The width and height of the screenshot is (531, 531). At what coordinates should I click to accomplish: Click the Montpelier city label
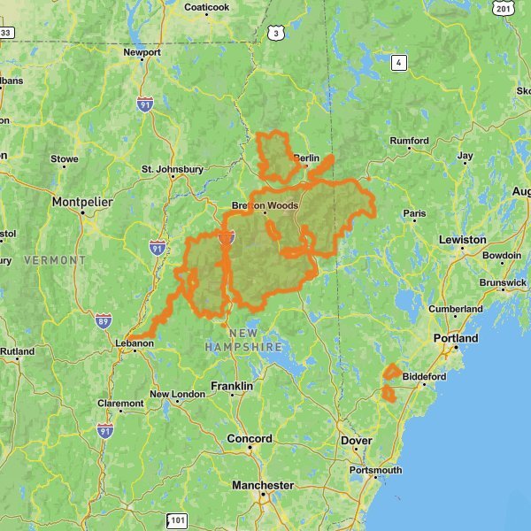point(82,202)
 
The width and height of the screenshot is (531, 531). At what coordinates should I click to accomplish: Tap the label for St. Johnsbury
point(173,169)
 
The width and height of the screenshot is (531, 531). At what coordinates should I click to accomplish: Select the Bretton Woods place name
point(265,205)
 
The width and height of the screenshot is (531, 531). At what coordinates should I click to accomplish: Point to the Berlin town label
point(307,158)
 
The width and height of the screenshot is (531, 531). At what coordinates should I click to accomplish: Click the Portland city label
point(455,338)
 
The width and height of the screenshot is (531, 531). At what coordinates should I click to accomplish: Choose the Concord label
point(250,438)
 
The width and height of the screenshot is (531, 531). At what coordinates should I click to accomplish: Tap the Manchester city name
point(262,485)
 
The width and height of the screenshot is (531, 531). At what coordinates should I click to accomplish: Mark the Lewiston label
point(462,239)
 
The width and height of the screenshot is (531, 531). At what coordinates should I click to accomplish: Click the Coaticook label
point(206,7)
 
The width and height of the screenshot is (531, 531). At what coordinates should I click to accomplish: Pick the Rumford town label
point(409,141)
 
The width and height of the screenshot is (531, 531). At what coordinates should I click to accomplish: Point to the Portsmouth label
point(375,470)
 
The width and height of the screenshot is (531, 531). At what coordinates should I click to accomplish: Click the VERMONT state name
point(55,260)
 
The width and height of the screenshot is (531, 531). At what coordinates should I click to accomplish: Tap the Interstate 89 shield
point(104,320)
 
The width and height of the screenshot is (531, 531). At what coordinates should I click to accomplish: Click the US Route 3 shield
point(277,34)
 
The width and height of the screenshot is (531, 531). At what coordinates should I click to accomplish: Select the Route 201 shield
point(504,8)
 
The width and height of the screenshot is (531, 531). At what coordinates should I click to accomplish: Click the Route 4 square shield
point(400,62)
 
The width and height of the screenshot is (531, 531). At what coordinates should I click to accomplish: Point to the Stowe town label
point(64,159)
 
